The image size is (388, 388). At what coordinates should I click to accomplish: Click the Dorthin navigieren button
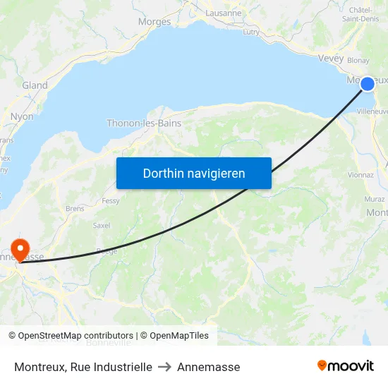[x=194, y=173]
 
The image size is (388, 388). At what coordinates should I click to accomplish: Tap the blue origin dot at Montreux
[x=368, y=84]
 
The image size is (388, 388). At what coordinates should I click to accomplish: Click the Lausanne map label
[x=223, y=13]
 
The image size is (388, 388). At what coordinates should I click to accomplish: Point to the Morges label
[x=154, y=22]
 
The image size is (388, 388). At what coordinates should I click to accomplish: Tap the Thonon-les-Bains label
[x=144, y=123]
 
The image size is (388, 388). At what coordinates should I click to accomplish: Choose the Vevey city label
[x=331, y=59]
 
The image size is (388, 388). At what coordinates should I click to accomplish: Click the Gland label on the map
[x=35, y=85]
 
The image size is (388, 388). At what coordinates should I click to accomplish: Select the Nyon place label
[x=22, y=116]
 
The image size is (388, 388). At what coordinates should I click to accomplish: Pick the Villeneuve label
[x=372, y=111]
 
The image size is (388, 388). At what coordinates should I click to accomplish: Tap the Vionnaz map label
[x=360, y=175]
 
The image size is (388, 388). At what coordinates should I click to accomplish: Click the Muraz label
[x=375, y=199]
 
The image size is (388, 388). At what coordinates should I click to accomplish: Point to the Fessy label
[x=111, y=200]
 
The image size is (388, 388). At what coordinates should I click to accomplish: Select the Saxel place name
[x=102, y=226]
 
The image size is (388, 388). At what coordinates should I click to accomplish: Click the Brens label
[x=74, y=209]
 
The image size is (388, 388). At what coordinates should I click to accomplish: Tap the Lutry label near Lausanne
[x=250, y=32]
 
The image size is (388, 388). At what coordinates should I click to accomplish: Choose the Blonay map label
[x=358, y=61]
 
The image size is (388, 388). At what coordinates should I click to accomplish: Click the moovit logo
[x=346, y=366]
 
